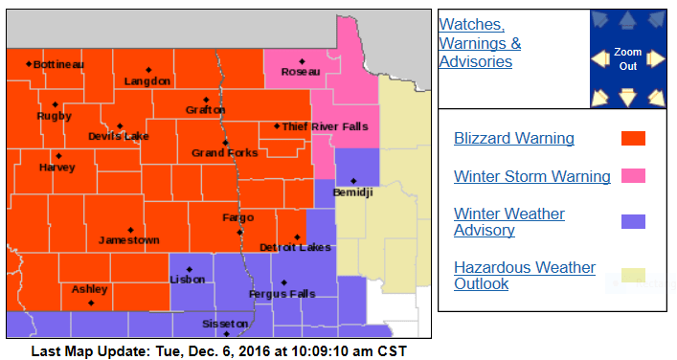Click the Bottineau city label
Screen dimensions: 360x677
[x=58, y=64]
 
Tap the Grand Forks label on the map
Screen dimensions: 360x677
[x=224, y=153]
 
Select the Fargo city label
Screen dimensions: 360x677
[x=237, y=218]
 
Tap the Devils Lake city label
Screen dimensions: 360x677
[x=119, y=137]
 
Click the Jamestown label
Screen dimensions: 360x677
[x=128, y=240]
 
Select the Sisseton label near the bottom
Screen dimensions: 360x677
[x=226, y=324]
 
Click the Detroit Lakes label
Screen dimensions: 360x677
[x=295, y=248]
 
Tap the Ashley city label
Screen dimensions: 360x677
[x=89, y=289]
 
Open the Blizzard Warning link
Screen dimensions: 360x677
[x=513, y=138]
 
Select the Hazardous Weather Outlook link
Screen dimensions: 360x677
[x=524, y=276]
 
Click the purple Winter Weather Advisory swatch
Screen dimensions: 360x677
[x=633, y=222]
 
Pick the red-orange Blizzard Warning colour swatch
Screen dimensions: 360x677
[x=633, y=138]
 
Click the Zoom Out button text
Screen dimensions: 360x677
[x=627, y=58]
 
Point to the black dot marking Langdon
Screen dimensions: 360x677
[x=148, y=69]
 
